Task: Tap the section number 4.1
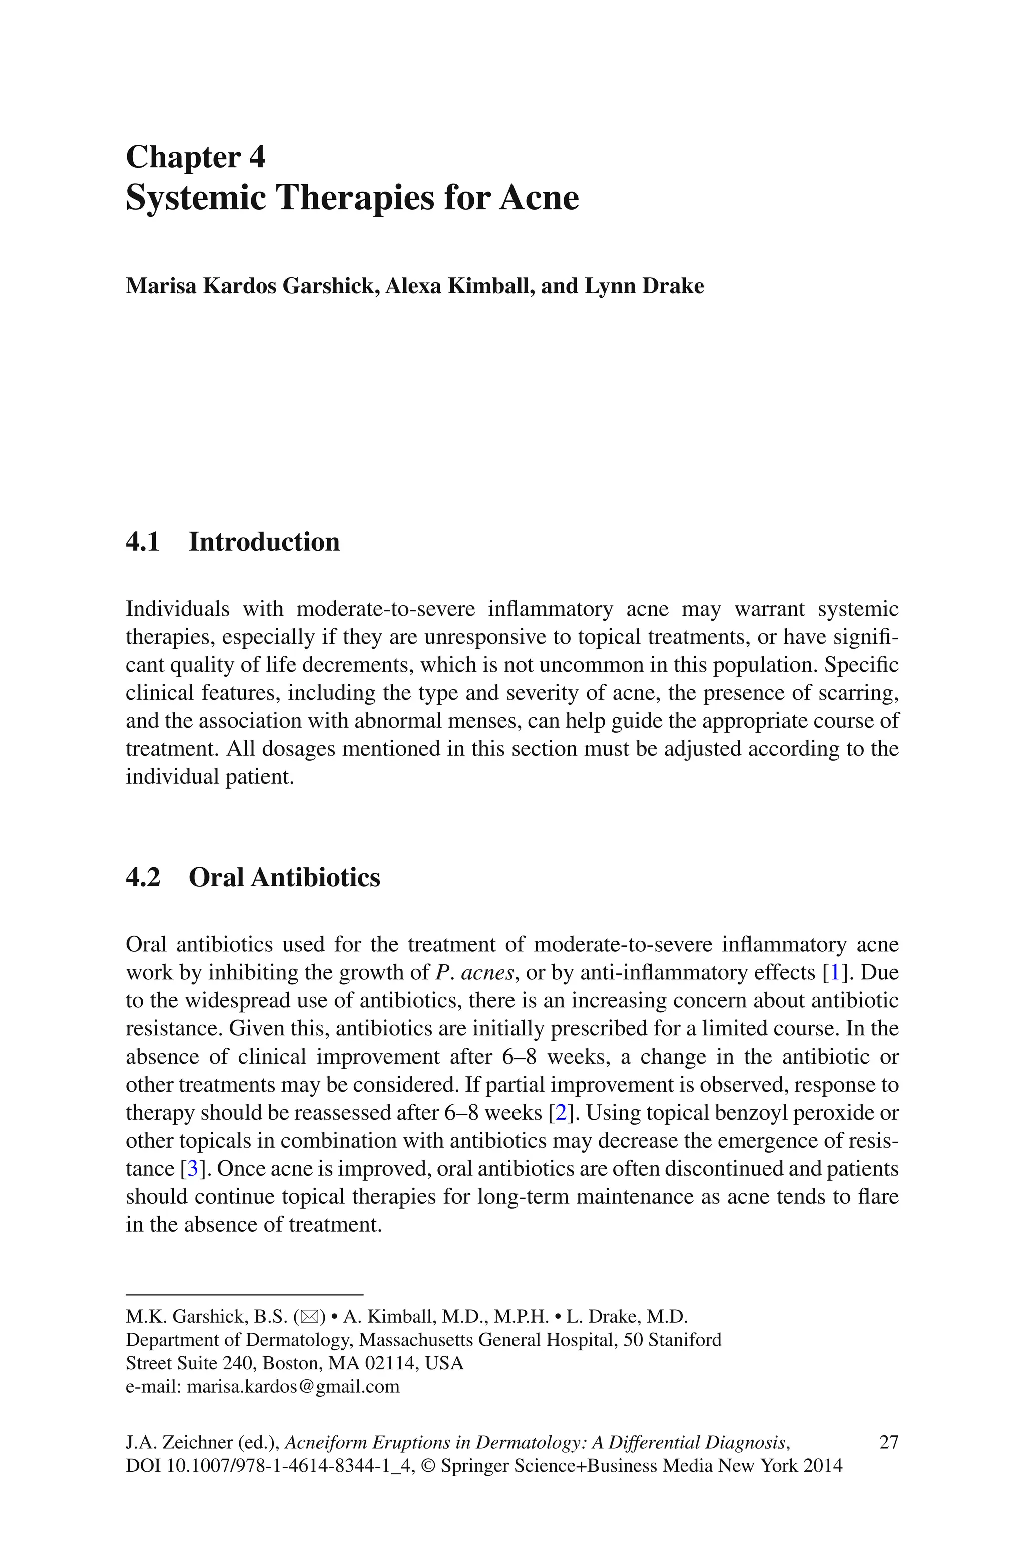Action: pos(143,542)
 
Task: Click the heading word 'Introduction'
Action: pos(264,542)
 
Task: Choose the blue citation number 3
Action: pos(192,1169)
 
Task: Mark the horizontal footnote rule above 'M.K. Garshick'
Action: pos(244,1294)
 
